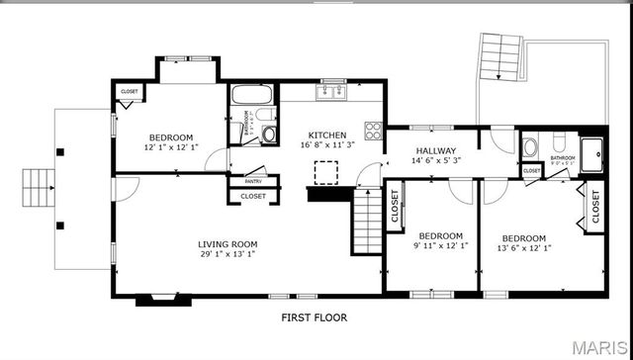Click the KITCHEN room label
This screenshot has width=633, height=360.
(327, 135)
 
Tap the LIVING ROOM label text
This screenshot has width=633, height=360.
(227, 243)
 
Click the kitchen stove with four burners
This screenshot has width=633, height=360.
(374, 131)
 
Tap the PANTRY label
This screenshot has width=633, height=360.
(253, 181)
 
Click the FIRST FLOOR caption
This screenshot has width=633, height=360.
(316, 318)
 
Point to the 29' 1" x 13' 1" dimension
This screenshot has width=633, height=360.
(227, 254)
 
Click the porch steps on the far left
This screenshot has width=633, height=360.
(38, 184)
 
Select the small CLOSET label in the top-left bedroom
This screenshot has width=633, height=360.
(130, 91)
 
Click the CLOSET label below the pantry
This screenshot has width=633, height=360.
(253, 196)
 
